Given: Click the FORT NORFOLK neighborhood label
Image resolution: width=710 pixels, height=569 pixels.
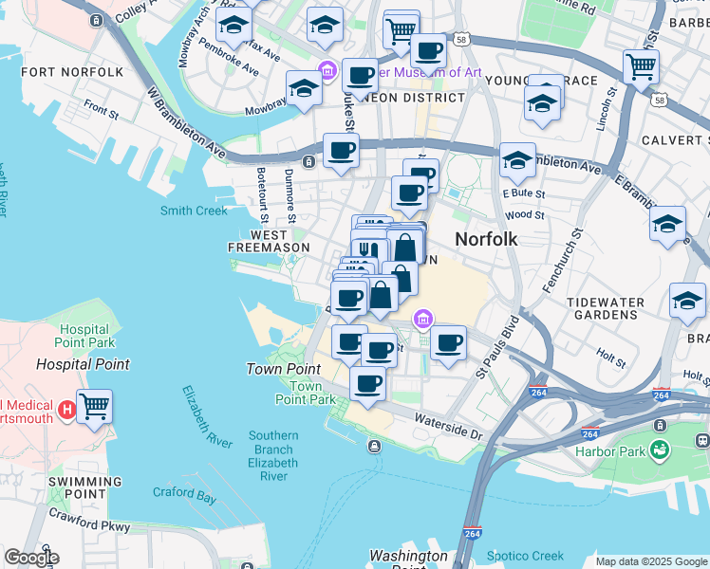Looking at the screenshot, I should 72,72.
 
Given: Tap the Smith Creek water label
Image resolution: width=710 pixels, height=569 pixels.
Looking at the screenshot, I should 194,211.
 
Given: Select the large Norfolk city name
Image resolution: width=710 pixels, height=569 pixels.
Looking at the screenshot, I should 486,239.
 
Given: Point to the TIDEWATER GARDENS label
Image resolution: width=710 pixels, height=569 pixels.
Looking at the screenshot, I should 606,308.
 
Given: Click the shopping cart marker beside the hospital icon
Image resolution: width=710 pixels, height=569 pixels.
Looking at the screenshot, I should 95,407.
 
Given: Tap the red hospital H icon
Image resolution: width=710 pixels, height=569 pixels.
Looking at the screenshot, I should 66,410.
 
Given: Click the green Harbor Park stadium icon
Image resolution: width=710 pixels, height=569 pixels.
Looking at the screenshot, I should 658,450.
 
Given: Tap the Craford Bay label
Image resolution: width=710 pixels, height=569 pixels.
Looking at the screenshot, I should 184,493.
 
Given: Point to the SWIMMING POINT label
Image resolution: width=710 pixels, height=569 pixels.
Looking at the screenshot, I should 77,488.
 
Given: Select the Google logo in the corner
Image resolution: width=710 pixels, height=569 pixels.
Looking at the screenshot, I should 31,558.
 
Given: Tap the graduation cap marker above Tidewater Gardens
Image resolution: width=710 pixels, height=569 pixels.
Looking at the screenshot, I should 687,300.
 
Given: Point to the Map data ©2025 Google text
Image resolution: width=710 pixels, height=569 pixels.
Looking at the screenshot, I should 651,561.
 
